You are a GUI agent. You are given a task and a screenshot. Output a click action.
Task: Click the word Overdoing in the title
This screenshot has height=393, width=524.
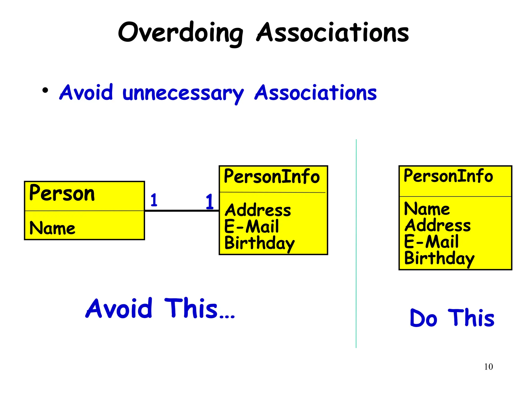[180, 33]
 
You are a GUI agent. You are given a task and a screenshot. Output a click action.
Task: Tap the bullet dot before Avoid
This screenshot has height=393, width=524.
[45, 90]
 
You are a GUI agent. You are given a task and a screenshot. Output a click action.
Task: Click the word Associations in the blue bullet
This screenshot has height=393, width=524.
[315, 93]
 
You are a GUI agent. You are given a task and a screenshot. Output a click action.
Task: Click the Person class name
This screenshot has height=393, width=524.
[62, 193]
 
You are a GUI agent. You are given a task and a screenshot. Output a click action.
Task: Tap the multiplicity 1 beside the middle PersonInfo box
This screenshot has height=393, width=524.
[210, 201]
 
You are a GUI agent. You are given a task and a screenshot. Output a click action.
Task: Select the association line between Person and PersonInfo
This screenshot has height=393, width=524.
[182, 211]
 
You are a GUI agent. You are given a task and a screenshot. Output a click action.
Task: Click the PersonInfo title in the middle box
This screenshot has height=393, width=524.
[272, 177]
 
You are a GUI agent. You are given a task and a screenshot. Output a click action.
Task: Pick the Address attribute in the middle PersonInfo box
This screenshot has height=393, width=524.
[258, 210]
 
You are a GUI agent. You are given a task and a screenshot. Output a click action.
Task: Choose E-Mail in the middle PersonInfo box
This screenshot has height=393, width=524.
[252, 226]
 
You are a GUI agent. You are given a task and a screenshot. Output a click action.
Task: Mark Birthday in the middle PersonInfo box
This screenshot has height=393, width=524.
[259, 243]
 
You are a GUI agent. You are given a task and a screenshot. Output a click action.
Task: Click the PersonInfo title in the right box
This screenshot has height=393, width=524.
[448, 176]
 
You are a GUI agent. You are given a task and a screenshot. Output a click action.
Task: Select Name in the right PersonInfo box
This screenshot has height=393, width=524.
[427, 209]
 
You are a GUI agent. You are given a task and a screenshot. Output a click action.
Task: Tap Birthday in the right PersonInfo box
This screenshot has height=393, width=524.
[439, 258]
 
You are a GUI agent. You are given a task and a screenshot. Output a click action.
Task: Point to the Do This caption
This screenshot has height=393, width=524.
[452, 318]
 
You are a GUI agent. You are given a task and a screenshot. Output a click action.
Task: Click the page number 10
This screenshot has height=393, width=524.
[488, 367]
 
